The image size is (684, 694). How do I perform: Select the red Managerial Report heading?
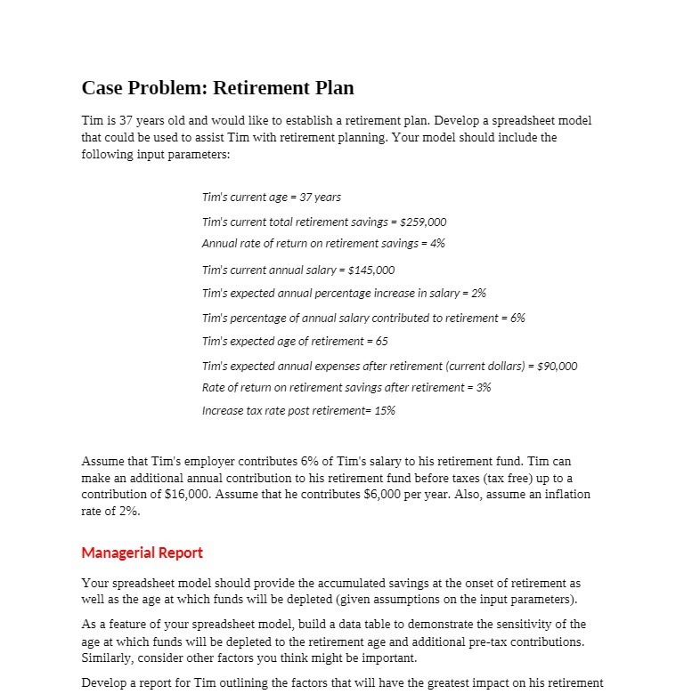(142, 553)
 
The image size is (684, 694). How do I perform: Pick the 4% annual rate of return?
(436, 243)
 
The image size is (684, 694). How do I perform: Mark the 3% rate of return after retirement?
(483, 387)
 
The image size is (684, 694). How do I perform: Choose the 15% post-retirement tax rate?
(385, 410)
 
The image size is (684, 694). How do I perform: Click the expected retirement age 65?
(381, 341)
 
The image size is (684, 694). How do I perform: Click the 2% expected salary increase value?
(477, 293)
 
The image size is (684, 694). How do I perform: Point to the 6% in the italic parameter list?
(517, 318)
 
